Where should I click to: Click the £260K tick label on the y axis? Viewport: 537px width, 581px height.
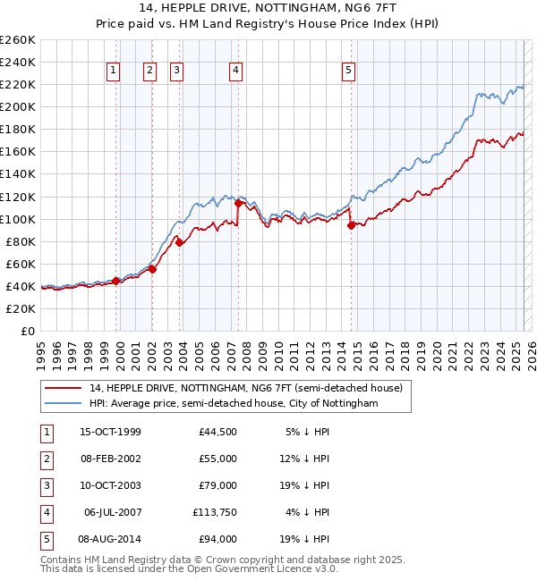[x=17, y=40]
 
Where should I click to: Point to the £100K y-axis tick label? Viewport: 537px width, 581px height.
[x=17, y=219]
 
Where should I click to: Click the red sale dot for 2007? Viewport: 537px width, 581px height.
[x=238, y=203]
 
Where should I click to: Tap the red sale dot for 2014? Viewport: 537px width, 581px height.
[x=351, y=225]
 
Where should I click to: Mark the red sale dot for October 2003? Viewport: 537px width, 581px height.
[x=179, y=241]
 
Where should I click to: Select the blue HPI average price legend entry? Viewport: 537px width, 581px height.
[x=233, y=403]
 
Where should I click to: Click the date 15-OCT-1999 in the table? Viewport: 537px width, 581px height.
[x=111, y=432]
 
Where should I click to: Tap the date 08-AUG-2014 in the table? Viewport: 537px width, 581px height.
[x=111, y=539]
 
